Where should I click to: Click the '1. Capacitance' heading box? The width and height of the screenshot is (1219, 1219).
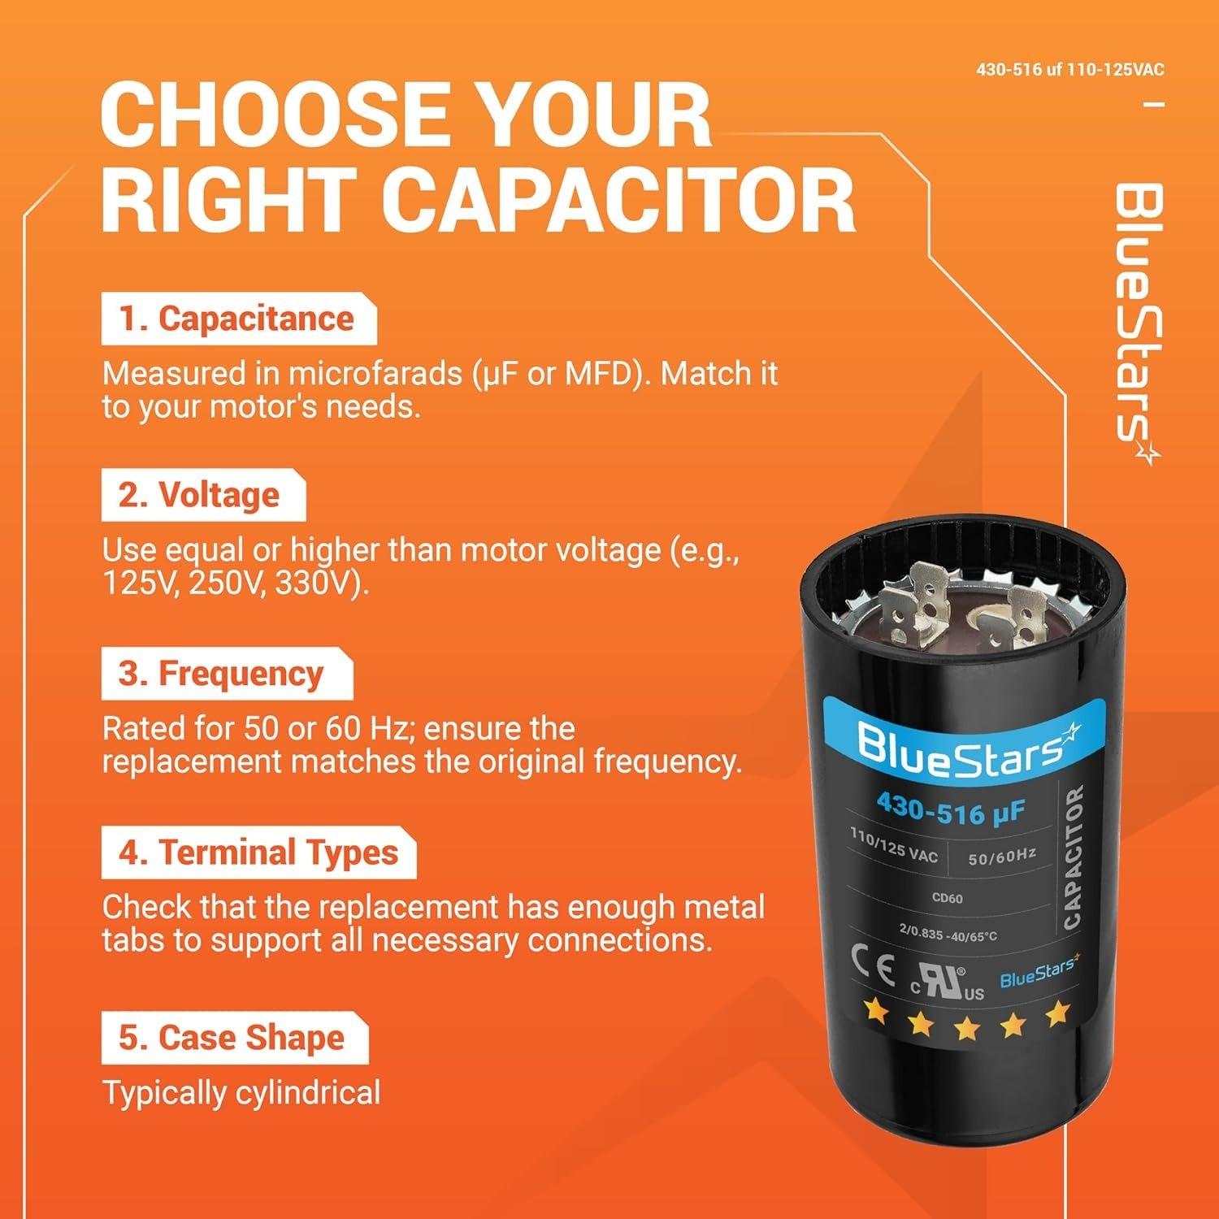238,319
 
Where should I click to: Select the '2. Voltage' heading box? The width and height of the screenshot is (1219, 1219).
202,496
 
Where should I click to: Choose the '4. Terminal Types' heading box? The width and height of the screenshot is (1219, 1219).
258,853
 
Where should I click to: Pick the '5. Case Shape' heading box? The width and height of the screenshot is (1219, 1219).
233,1039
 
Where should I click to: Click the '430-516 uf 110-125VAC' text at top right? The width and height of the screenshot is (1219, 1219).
1069,70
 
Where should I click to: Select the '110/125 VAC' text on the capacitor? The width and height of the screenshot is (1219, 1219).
893,845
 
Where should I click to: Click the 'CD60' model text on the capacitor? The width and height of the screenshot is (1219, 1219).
947,898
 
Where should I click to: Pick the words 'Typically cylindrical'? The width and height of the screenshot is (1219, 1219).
241,1093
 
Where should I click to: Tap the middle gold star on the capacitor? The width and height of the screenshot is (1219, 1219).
966,1029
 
